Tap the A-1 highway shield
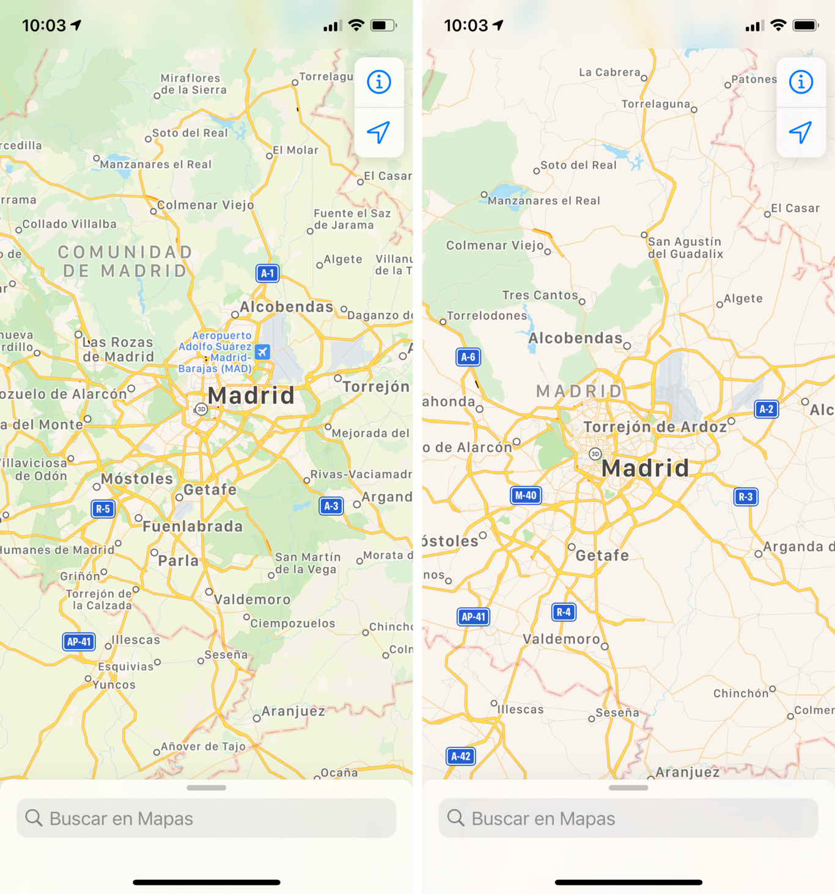coord(267,273)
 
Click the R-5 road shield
coord(103,508)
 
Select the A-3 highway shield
coord(331,506)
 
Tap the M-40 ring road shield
coord(526,495)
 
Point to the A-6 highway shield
coord(468,357)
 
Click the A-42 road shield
coord(461,756)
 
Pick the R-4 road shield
coord(564,612)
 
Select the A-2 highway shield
coord(767,409)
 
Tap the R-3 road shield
coord(746,497)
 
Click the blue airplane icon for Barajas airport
coord(263,351)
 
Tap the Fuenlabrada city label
coord(193,526)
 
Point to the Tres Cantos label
coord(540,295)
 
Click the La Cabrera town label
coord(609,72)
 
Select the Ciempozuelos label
coord(293,623)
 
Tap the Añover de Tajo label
coord(203,746)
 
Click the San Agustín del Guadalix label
coord(685,247)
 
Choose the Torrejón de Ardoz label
coord(655,427)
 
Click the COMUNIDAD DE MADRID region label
coord(125,262)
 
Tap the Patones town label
coord(754,79)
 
